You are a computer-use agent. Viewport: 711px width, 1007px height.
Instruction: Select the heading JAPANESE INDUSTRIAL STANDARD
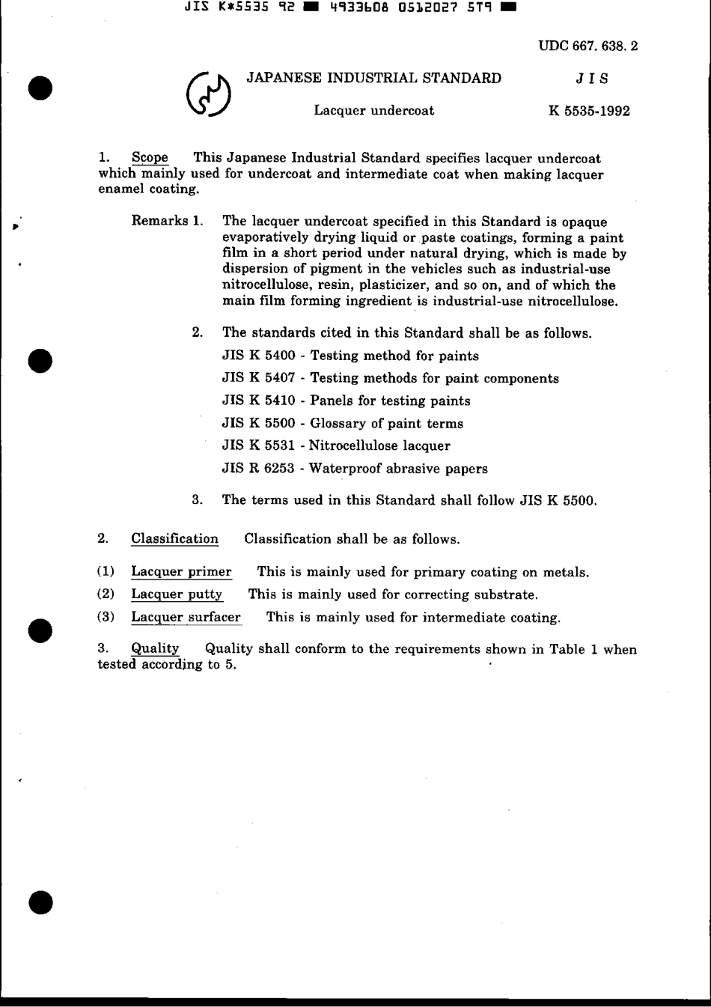[374, 78]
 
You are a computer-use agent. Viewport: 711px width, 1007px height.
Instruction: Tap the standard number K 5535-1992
[589, 111]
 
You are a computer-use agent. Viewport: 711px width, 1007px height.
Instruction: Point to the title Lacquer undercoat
[373, 111]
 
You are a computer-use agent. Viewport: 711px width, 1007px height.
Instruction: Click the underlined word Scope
[150, 158]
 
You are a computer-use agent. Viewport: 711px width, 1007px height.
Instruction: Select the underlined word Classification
[174, 539]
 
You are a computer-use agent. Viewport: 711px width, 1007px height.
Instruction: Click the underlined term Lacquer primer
[181, 572]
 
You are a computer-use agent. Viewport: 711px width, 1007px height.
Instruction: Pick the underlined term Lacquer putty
[177, 594]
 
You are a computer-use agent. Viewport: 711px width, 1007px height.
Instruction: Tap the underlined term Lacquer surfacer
[186, 618]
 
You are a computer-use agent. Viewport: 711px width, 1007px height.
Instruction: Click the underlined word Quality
[155, 649]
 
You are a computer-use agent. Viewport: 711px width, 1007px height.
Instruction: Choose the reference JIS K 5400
[259, 356]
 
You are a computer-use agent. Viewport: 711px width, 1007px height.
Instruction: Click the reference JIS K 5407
[259, 378]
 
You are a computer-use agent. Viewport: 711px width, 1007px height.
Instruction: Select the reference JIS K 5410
[259, 401]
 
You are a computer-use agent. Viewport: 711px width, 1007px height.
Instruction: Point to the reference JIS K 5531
[259, 446]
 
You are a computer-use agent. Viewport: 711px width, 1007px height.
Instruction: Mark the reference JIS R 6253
[259, 469]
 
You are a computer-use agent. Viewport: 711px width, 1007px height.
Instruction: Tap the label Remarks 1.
[167, 221]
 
